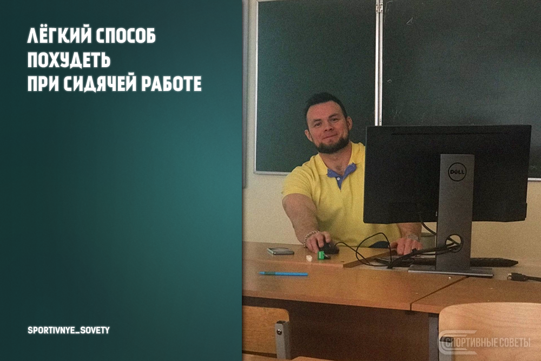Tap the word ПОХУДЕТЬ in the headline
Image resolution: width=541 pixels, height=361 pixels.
[x=69, y=60]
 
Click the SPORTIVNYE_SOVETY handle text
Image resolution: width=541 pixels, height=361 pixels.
[x=68, y=330]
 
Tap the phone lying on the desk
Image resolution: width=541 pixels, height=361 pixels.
[x=281, y=251]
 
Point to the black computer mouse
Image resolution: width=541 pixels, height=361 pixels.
[x=329, y=248]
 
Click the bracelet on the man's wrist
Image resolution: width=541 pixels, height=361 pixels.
[x=310, y=236]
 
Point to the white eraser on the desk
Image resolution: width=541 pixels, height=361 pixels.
[x=310, y=259]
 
